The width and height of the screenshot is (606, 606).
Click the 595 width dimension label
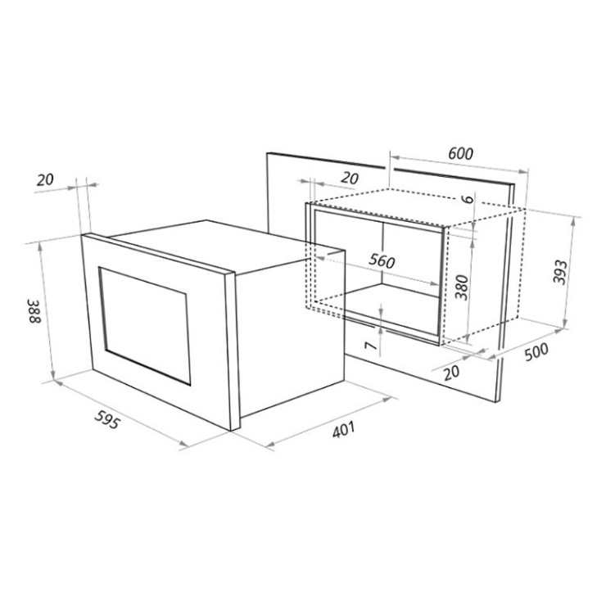pyautogui.click(x=106, y=420)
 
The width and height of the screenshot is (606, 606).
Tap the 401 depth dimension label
pyautogui.click(x=343, y=430)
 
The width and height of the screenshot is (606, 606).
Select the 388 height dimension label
pyautogui.click(x=34, y=310)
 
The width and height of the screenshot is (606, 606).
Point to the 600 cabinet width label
pyautogui.click(x=461, y=154)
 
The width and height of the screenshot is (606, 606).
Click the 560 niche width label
pyautogui.click(x=382, y=261)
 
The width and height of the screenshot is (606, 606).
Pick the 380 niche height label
pyautogui.click(x=461, y=287)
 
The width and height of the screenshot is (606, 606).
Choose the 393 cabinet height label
pyautogui.click(x=559, y=272)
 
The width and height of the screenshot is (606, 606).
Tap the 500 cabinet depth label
pyautogui.click(x=536, y=351)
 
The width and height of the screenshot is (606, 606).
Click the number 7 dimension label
pyautogui.click(x=371, y=345)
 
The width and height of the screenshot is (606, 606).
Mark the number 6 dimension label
pyautogui.click(x=468, y=199)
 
